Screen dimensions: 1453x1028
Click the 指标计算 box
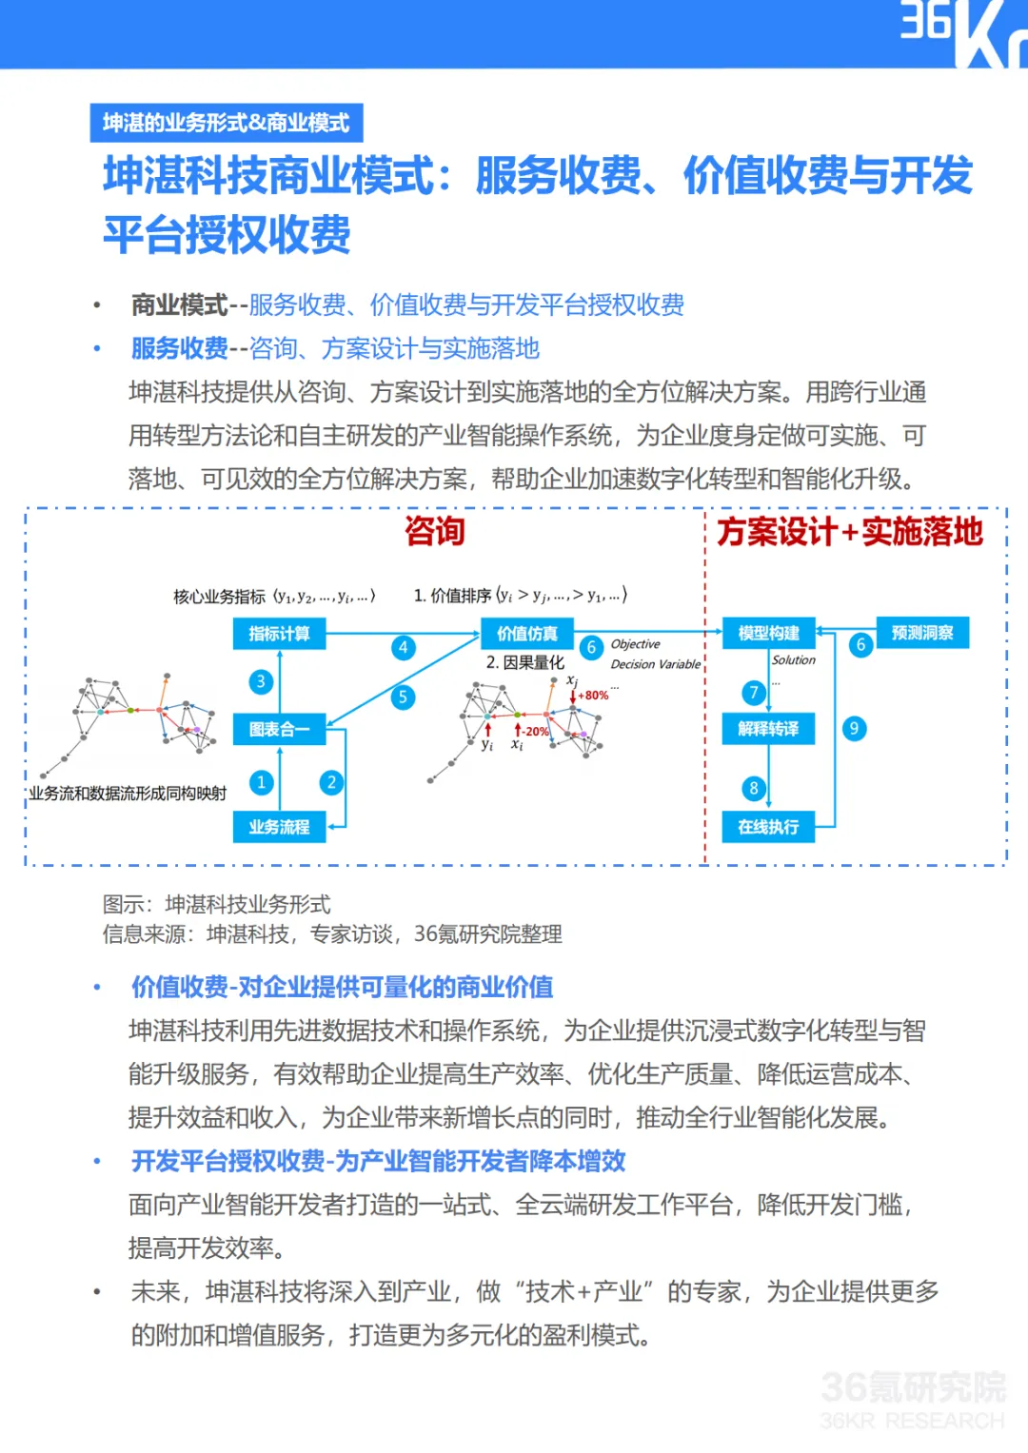point(279,634)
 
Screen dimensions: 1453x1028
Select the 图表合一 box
point(279,729)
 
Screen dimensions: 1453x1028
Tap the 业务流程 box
point(279,827)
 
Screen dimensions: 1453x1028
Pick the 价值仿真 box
point(527,634)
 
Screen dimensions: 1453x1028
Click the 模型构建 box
point(768,634)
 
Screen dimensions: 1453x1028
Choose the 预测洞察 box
point(921,633)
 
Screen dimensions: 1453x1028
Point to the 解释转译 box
point(768,729)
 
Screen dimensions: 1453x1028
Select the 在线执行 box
point(768,827)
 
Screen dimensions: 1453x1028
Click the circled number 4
point(403,648)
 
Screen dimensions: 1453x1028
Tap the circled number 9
point(854,729)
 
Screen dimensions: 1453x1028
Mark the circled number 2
point(331,783)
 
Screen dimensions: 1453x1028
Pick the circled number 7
point(753,693)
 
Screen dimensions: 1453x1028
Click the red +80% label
point(593,696)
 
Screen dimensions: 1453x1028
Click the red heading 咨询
point(434,531)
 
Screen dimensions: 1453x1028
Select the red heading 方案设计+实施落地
point(849,531)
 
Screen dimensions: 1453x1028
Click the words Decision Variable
point(656,664)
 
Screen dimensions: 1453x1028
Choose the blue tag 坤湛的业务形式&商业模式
point(226,123)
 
